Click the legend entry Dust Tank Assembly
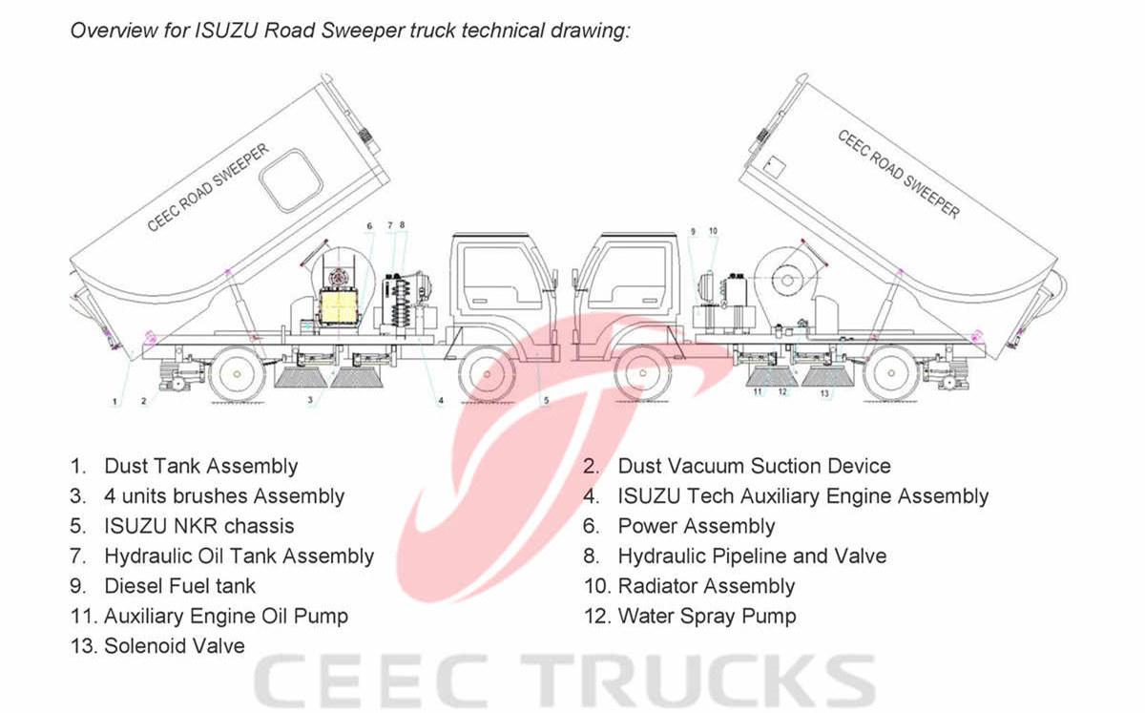point(200,467)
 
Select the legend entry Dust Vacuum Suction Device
point(754,467)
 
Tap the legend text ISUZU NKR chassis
point(198,526)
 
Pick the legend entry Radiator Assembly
point(706,586)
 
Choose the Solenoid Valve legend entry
point(174,646)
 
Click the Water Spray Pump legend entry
point(706,617)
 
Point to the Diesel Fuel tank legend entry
point(179,586)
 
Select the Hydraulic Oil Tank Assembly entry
point(239,556)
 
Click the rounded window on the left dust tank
point(291,180)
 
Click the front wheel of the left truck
point(487,375)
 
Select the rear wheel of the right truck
point(890,375)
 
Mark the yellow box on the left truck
point(343,307)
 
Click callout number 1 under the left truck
point(114,402)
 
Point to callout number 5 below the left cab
point(546,402)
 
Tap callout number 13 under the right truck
point(824,393)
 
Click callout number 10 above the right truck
point(713,231)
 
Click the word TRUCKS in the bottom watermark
point(697,680)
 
